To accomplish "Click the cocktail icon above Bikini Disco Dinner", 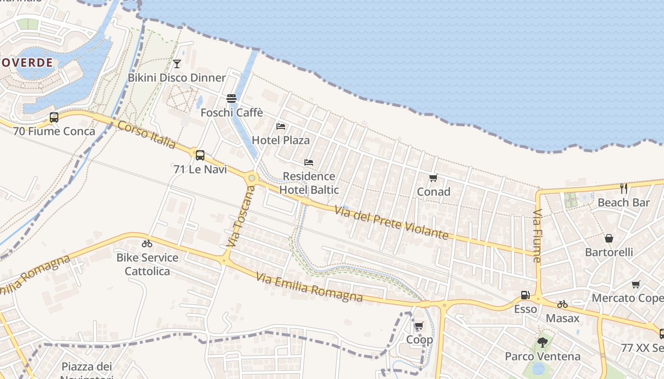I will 177,64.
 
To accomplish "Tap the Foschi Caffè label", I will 231,113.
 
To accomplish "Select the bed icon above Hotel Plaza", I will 281,126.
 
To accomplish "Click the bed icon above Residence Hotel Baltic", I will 309,162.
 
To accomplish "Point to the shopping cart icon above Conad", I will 433,178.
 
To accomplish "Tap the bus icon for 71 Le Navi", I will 200,155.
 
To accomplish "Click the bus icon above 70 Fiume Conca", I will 54,117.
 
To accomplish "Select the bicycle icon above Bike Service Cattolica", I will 147,244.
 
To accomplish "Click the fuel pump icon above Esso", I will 526,295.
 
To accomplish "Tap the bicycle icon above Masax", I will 563,304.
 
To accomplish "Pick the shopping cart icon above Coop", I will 419,326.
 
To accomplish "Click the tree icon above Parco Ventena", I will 543,342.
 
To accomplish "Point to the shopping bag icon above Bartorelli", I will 609,238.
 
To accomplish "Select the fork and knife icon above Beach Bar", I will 624,189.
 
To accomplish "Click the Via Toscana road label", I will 241,216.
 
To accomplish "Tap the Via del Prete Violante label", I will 391,222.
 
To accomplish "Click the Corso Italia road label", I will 147,135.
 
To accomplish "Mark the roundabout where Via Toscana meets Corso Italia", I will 252,179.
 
